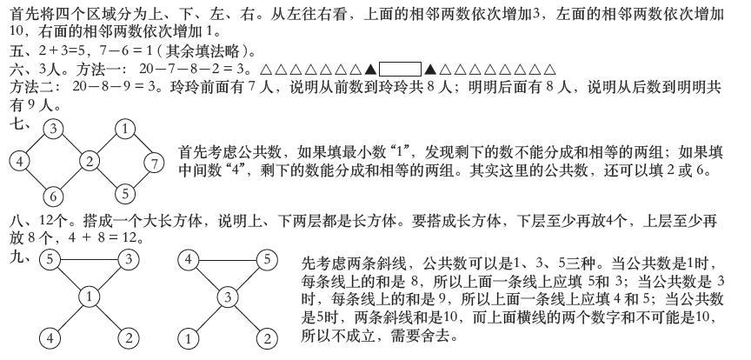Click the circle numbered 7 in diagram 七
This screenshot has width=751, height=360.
point(151,162)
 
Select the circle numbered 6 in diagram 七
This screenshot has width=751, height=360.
point(53,196)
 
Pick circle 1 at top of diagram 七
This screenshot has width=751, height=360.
point(125,130)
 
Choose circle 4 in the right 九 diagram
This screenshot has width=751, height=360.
point(189,259)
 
